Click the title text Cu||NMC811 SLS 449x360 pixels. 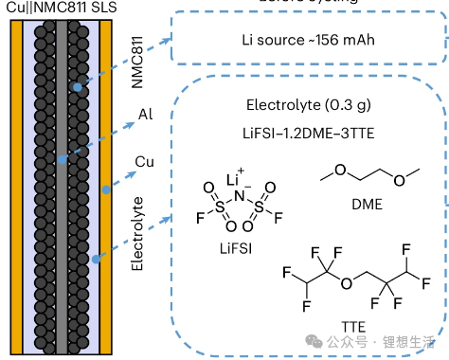click(x=59, y=7)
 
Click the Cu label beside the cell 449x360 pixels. click(x=145, y=163)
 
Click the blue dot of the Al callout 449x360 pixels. click(x=62, y=160)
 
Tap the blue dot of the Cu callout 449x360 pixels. click(x=106, y=189)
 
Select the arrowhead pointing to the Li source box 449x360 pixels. click(x=167, y=41)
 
